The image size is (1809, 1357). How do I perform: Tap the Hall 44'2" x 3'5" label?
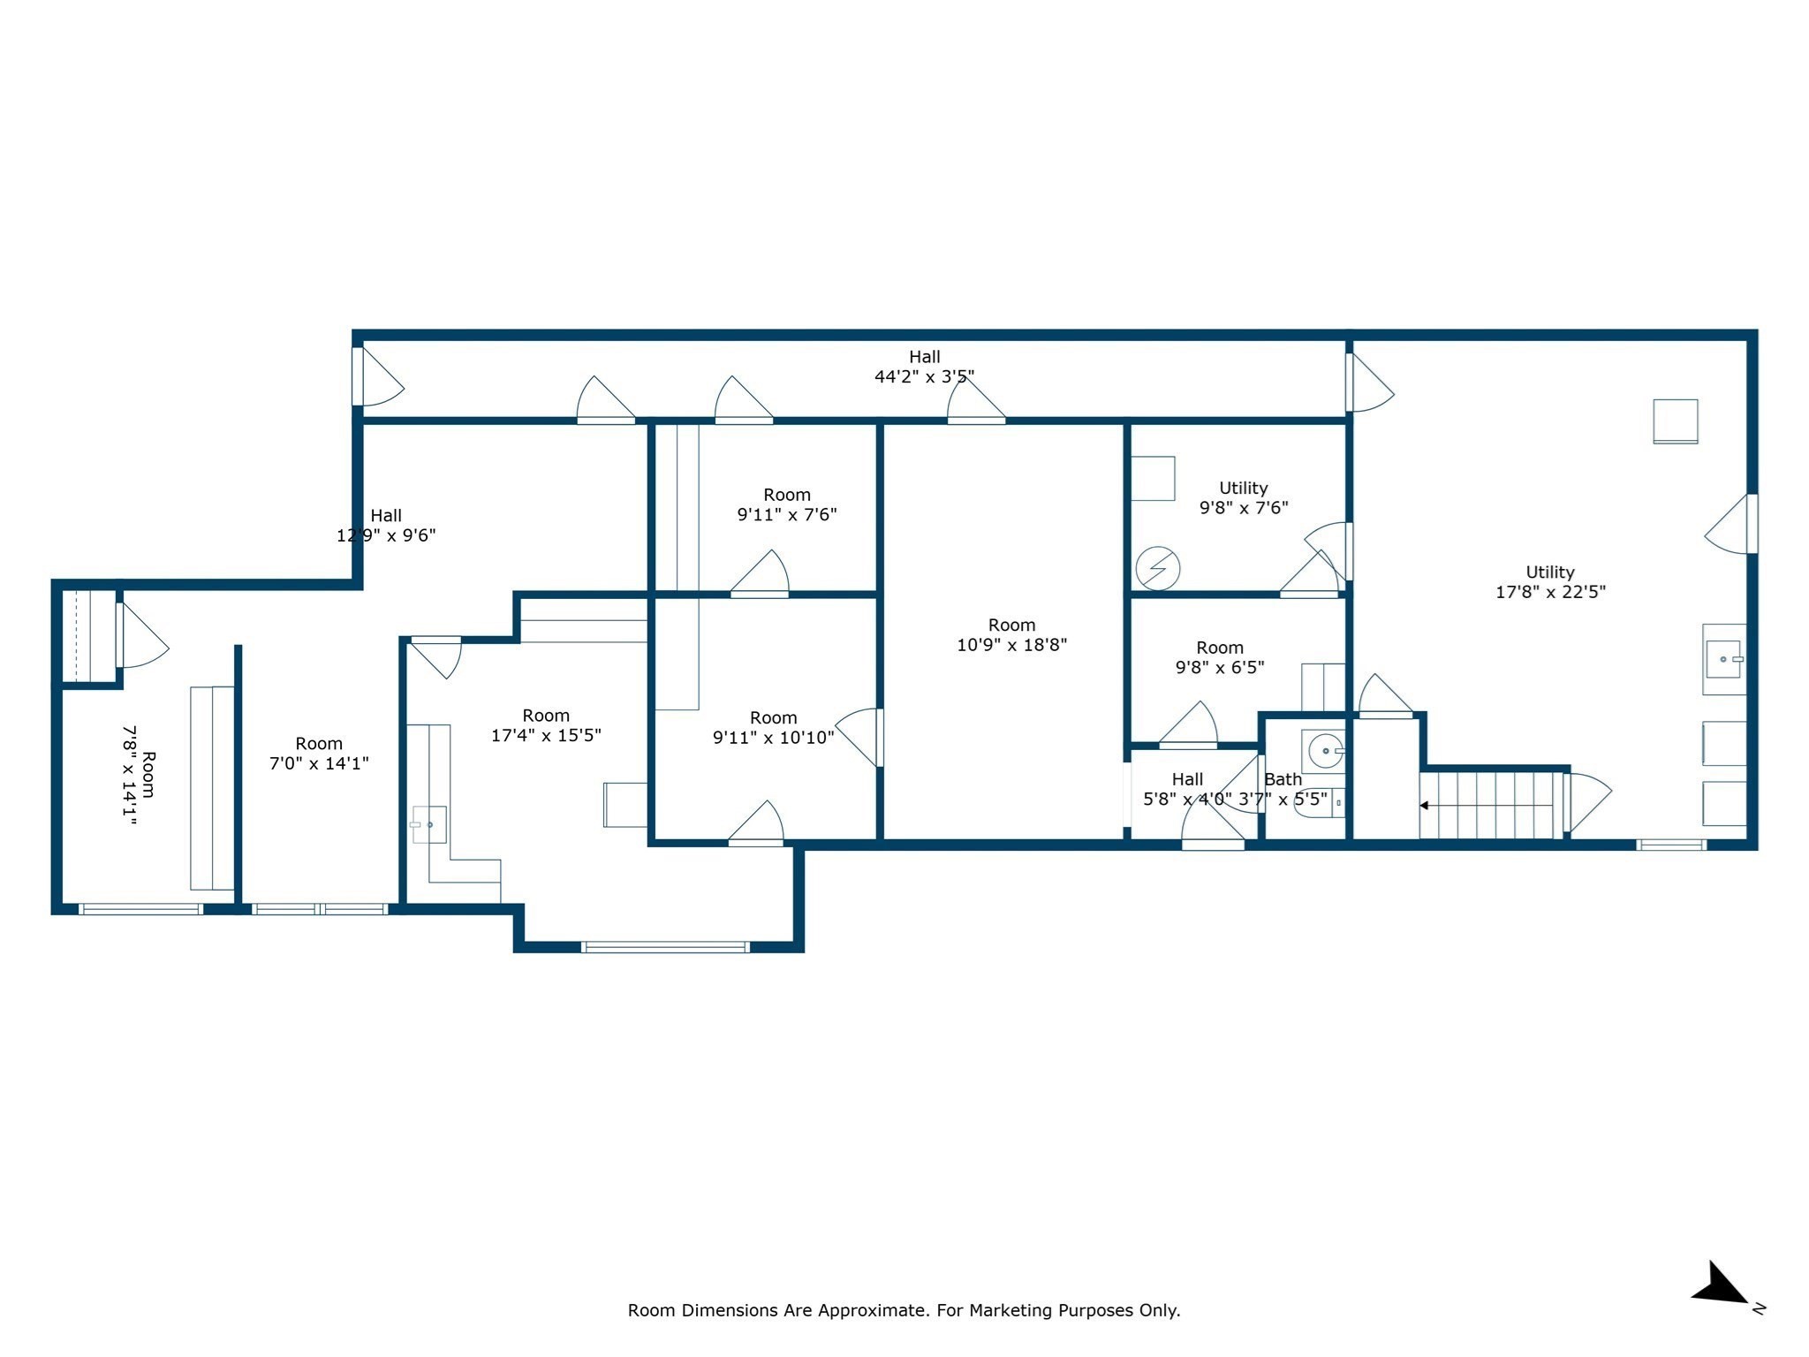pos(924,367)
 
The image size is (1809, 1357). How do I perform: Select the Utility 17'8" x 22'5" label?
pos(1549,582)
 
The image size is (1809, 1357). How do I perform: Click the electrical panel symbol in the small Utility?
pos(1157,569)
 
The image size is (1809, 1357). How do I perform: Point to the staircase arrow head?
pos(1424,806)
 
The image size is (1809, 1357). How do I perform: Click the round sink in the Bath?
pos(1325,751)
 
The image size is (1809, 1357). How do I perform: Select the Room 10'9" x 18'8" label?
pos(1011,635)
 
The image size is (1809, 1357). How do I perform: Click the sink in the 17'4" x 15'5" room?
pos(429,824)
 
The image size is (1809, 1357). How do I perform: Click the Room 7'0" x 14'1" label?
pos(319,754)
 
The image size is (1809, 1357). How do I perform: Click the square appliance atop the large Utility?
pos(1675,421)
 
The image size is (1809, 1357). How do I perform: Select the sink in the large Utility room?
pos(1723,660)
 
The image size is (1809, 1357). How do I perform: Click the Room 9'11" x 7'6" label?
pos(786,504)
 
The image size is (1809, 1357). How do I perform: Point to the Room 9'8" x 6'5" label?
pos(1219,657)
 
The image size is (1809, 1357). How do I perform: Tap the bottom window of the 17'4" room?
pos(665,947)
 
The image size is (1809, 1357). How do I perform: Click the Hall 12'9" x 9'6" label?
pos(386,525)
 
